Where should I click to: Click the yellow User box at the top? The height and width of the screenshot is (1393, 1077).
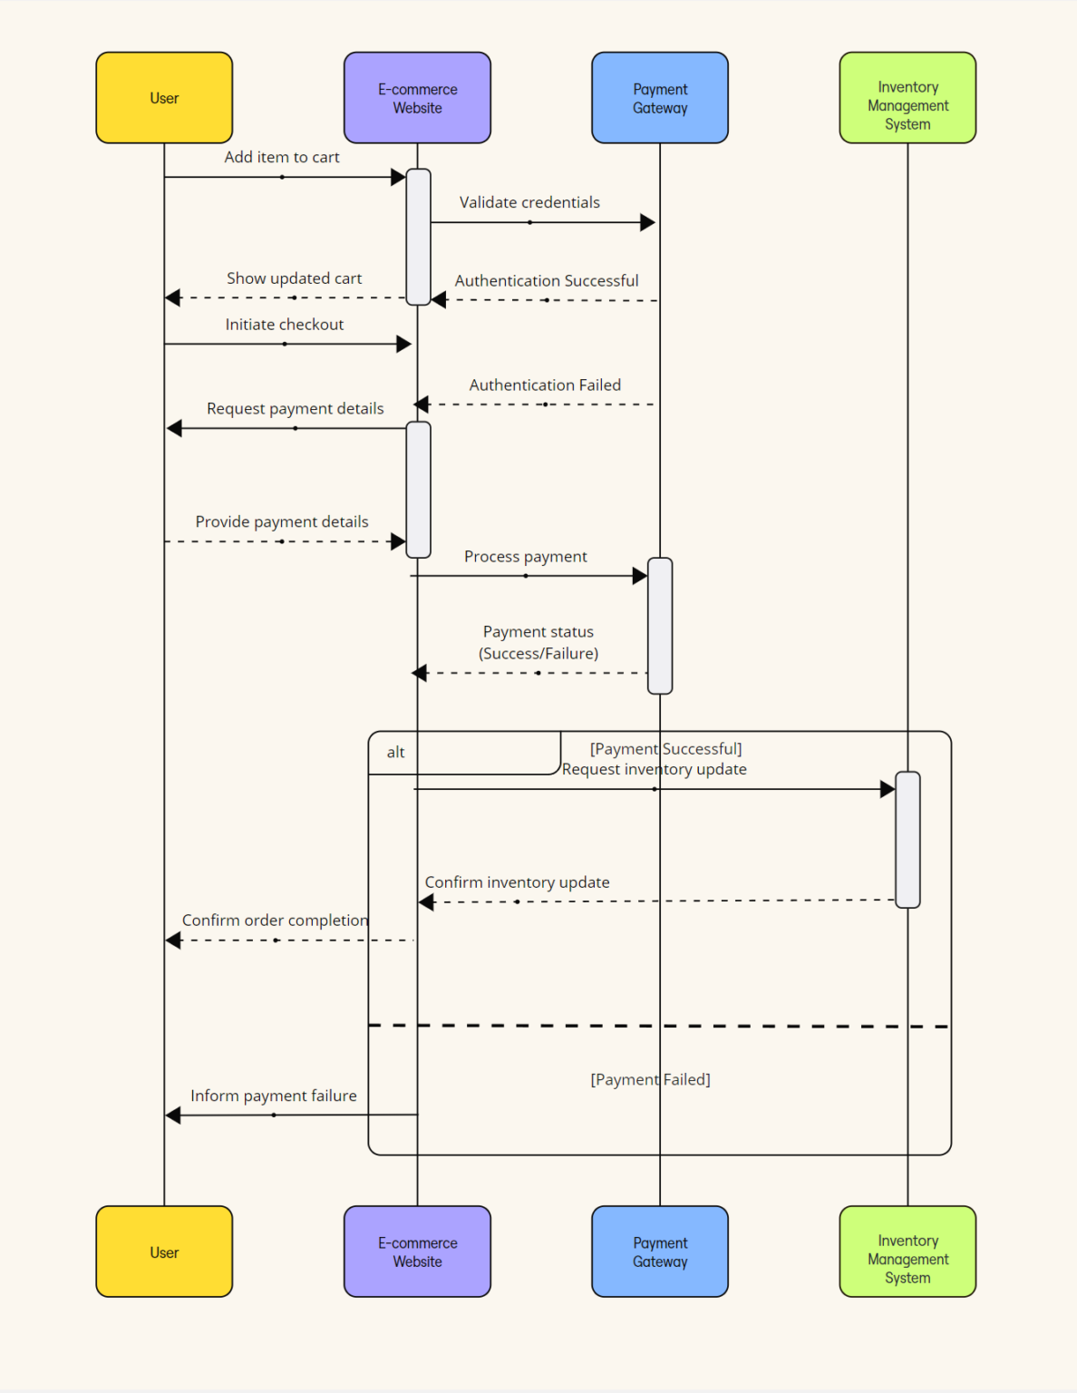164,98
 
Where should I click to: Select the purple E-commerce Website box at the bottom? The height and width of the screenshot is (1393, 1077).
417,1252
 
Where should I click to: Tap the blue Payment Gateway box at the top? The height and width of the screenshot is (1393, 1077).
660,98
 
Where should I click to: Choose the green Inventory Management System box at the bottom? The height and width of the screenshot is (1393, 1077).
907,1259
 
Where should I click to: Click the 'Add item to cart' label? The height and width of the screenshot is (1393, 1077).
282,157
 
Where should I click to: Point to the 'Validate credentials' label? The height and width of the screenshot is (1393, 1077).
529,202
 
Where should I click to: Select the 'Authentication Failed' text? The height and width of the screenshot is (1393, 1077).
545,385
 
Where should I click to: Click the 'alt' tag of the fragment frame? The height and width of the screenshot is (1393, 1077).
395,752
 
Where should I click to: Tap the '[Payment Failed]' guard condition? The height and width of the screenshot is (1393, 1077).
650,1079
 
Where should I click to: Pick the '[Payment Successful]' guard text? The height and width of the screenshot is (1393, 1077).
665,748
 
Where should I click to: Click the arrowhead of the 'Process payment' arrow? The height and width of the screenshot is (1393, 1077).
640,576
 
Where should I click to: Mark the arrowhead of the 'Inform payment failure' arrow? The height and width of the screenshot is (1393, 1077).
173,1115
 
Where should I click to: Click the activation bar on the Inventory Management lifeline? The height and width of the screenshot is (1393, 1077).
907,839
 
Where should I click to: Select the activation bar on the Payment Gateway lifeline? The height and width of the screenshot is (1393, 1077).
660,626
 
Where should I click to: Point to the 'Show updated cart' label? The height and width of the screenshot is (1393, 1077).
294,278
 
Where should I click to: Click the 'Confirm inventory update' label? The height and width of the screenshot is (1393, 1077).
517,882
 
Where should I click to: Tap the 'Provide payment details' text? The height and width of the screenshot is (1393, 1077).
282,521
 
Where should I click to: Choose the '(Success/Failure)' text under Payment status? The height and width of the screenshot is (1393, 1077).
538,653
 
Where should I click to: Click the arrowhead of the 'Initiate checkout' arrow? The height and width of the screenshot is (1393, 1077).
404,345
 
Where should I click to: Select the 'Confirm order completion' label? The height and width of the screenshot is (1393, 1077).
275,920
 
